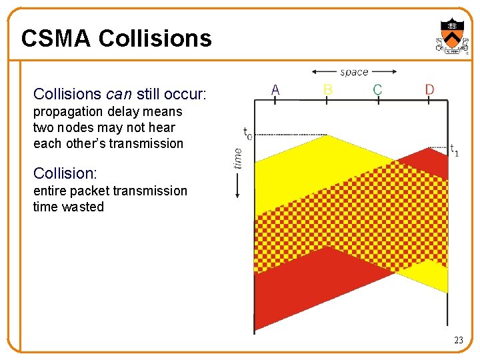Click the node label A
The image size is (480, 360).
pyautogui.click(x=275, y=89)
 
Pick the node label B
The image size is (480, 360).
pyautogui.click(x=327, y=89)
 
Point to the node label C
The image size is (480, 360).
pyautogui.click(x=377, y=89)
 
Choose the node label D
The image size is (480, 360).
pyautogui.click(x=429, y=89)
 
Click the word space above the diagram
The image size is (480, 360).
pyautogui.click(x=354, y=72)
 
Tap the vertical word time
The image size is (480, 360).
pyautogui.click(x=237, y=157)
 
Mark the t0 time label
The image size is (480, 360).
pyautogui.click(x=247, y=134)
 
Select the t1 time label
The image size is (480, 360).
pyautogui.click(x=454, y=149)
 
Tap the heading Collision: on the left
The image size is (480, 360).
pyautogui.click(x=65, y=173)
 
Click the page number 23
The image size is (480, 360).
pyautogui.click(x=458, y=340)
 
